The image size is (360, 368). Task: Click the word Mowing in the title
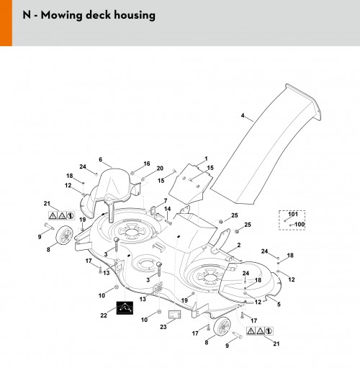(x=61, y=15)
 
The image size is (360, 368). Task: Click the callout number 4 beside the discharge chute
(x=243, y=116)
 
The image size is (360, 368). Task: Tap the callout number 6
(x=100, y=159)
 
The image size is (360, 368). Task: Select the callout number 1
(x=206, y=158)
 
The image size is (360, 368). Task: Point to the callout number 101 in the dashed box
(x=293, y=214)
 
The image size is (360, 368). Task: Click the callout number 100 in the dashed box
(x=300, y=224)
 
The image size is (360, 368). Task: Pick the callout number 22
(x=104, y=315)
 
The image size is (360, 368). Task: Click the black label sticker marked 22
(x=125, y=308)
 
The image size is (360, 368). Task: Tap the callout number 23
(x=163, y=327)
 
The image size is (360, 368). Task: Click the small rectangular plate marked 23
(x=175, y=314)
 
